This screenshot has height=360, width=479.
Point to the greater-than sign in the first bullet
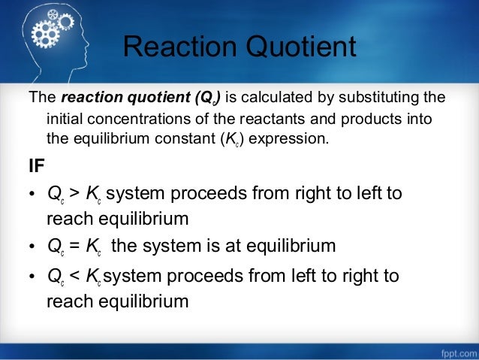tap(74, 193)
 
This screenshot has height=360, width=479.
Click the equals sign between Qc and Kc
tap(74, 246)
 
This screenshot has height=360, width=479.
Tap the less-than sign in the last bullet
tap(74, 276)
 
